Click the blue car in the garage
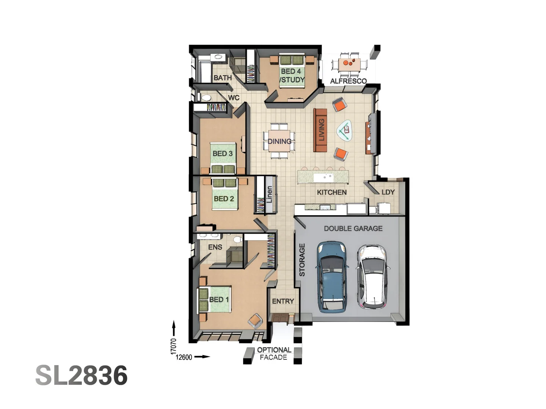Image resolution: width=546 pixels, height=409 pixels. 332,276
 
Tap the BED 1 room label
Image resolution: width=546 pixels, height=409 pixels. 219,300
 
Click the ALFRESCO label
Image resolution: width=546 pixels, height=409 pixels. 348,81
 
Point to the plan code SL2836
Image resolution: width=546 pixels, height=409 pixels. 82,375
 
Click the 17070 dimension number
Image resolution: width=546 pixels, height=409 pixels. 174,347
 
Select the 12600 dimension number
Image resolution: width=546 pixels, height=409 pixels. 184,357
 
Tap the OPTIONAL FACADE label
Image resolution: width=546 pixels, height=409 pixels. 274,354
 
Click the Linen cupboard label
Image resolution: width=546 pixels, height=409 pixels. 269,194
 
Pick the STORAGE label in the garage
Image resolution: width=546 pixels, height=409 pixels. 302,260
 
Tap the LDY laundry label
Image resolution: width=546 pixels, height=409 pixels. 388,192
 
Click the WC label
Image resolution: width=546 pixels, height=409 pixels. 234,98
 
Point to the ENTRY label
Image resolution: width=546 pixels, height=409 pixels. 283,301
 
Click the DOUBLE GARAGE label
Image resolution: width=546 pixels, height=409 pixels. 353,228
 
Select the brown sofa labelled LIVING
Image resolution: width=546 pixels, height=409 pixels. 320,130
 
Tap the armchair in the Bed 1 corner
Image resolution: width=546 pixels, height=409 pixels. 255,321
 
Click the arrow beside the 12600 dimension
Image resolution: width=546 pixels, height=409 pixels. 202,357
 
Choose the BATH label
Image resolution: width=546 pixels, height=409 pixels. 223,78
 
